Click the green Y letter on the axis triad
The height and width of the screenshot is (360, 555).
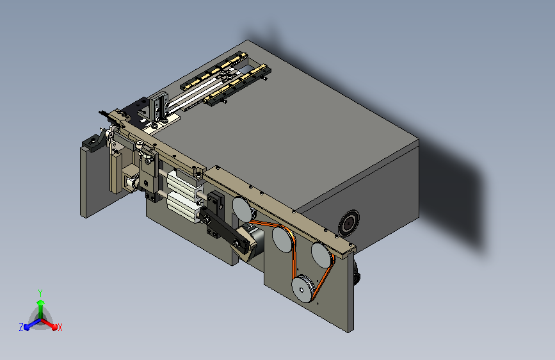(40, 291)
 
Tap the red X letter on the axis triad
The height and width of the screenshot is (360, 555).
(60, 327)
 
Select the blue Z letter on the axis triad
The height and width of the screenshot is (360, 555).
(21, 327)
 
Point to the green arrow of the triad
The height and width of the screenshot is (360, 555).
(40, 304)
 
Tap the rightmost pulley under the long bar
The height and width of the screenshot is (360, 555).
(321, 254)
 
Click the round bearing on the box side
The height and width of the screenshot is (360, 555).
(349, 222)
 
